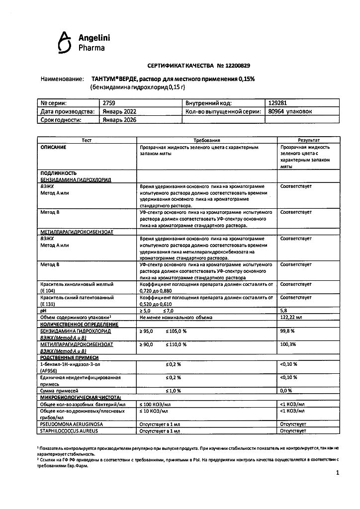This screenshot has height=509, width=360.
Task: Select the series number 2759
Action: (x=108, y=103)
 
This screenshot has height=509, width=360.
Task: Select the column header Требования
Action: (x=207, y=141)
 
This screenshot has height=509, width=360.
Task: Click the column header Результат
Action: (x=309, y=141)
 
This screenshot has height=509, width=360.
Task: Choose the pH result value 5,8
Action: (x=284, y=310)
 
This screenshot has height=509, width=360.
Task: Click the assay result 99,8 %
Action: (x=288, y=331)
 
